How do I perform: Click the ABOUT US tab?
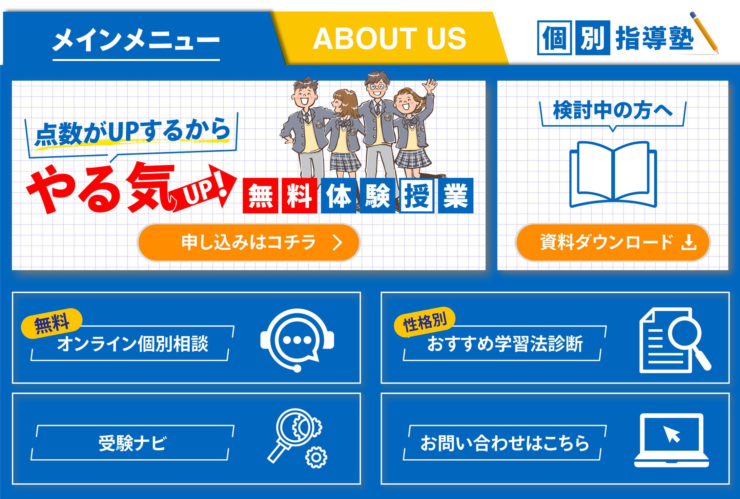click(x=390, y=38)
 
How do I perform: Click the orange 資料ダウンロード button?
click(x=613, y=242)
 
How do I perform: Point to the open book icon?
click(x=613, y=174)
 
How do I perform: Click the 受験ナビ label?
click(x=132, y=443)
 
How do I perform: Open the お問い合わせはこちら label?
click(x=505, y=443)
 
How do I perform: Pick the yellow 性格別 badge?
click(x=425, y=322)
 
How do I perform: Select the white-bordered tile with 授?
click(x=417, y=195)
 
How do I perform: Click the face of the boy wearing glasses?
click(x=377, y=87)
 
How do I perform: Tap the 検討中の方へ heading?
click(x=613, y=110)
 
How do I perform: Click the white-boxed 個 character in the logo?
click(x=555, y=38)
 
